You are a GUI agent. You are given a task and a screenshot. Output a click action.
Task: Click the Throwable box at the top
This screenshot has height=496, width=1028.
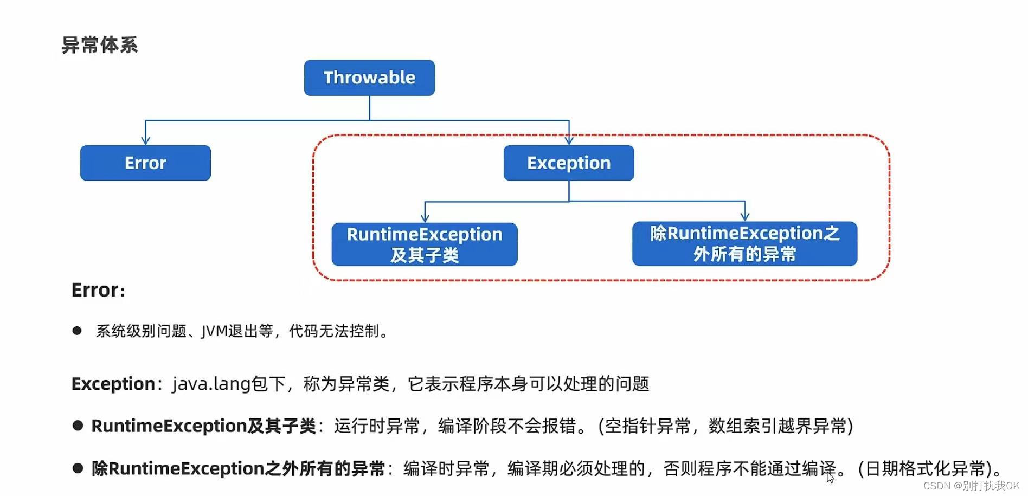tap(369, 78)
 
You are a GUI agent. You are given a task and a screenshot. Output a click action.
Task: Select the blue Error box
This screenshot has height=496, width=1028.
tap(145, 163)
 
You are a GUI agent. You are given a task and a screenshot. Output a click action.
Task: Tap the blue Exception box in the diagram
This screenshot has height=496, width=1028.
tap(569, 163)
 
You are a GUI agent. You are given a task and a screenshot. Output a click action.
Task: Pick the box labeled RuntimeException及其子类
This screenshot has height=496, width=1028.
tap(425, 244)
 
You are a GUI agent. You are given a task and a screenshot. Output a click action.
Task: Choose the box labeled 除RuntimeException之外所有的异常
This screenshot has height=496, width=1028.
tap(744, 243)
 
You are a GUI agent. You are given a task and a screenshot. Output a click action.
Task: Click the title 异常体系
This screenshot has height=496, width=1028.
tap(100, 45)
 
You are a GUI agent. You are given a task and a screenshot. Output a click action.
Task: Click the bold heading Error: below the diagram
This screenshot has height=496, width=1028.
tap(98, 291)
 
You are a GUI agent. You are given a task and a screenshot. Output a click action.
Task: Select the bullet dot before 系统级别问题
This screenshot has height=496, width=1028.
tap(77, 331)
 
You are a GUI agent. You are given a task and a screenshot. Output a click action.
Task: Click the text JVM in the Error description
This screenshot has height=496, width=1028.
tap(214, 331)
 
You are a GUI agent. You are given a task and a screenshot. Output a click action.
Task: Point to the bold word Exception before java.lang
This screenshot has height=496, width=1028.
tap(113, 384)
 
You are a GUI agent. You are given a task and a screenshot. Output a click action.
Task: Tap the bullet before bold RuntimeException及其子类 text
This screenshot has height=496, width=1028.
tap(78, 426)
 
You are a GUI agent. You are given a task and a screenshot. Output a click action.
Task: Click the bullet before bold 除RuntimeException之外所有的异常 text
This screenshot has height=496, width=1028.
tap(78, 468)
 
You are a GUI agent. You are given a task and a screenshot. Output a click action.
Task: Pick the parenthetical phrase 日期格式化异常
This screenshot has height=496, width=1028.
tap(926, 468)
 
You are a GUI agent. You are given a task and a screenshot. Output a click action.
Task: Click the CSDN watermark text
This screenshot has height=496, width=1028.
tap(971, 486)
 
